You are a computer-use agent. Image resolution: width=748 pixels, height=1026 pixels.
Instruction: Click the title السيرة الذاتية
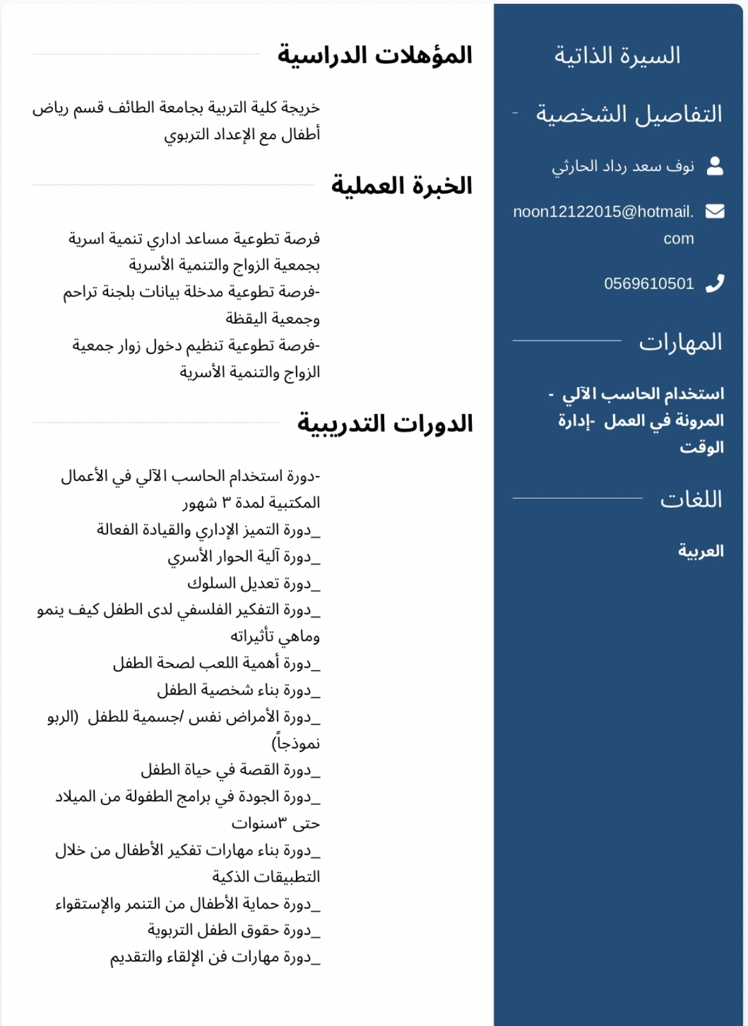[x=617, y=56]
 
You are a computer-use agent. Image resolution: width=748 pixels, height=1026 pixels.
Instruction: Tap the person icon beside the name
[x=715, y=166]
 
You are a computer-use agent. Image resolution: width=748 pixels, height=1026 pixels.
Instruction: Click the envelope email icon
[x=715, y=211]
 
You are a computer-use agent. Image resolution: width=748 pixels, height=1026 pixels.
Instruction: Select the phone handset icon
[x=715, y=283]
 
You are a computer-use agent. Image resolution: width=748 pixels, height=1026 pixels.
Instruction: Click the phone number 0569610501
[x=649, y=284]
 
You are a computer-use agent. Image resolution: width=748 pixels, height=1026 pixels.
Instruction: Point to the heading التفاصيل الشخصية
[x=628, y=114]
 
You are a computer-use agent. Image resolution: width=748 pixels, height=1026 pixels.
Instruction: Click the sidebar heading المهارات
[x=680, y=342]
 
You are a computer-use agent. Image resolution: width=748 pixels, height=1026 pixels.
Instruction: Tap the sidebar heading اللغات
[x=690, y=499]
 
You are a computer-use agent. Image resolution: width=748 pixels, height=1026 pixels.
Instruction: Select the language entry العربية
[x=701, y=551]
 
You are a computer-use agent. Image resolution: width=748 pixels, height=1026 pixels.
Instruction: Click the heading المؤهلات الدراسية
[x=375, y=56]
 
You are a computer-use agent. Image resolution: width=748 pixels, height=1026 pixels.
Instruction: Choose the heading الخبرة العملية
[x=401, y=186]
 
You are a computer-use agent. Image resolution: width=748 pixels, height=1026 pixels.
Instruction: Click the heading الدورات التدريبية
[x=385, y=424]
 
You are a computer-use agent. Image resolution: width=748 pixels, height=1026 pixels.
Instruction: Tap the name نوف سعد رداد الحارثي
[x=623, y=167]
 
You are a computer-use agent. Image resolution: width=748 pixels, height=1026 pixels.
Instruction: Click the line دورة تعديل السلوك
[x=253, y=583]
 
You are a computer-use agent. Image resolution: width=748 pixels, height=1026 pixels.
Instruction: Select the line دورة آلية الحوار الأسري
[x=244, y=556]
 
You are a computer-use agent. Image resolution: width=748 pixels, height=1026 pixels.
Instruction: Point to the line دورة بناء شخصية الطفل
[x=238, y=690]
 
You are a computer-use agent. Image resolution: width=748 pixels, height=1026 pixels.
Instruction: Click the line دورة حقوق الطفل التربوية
[x=233, y=930]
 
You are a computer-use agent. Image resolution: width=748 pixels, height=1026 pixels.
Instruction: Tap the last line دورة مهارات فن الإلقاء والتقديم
[x=215, y=957]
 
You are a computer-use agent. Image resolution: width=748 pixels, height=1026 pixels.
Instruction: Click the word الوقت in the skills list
[x=701, y=447]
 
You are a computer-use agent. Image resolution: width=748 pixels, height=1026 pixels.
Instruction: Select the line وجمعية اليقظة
[x=272, y=318]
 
